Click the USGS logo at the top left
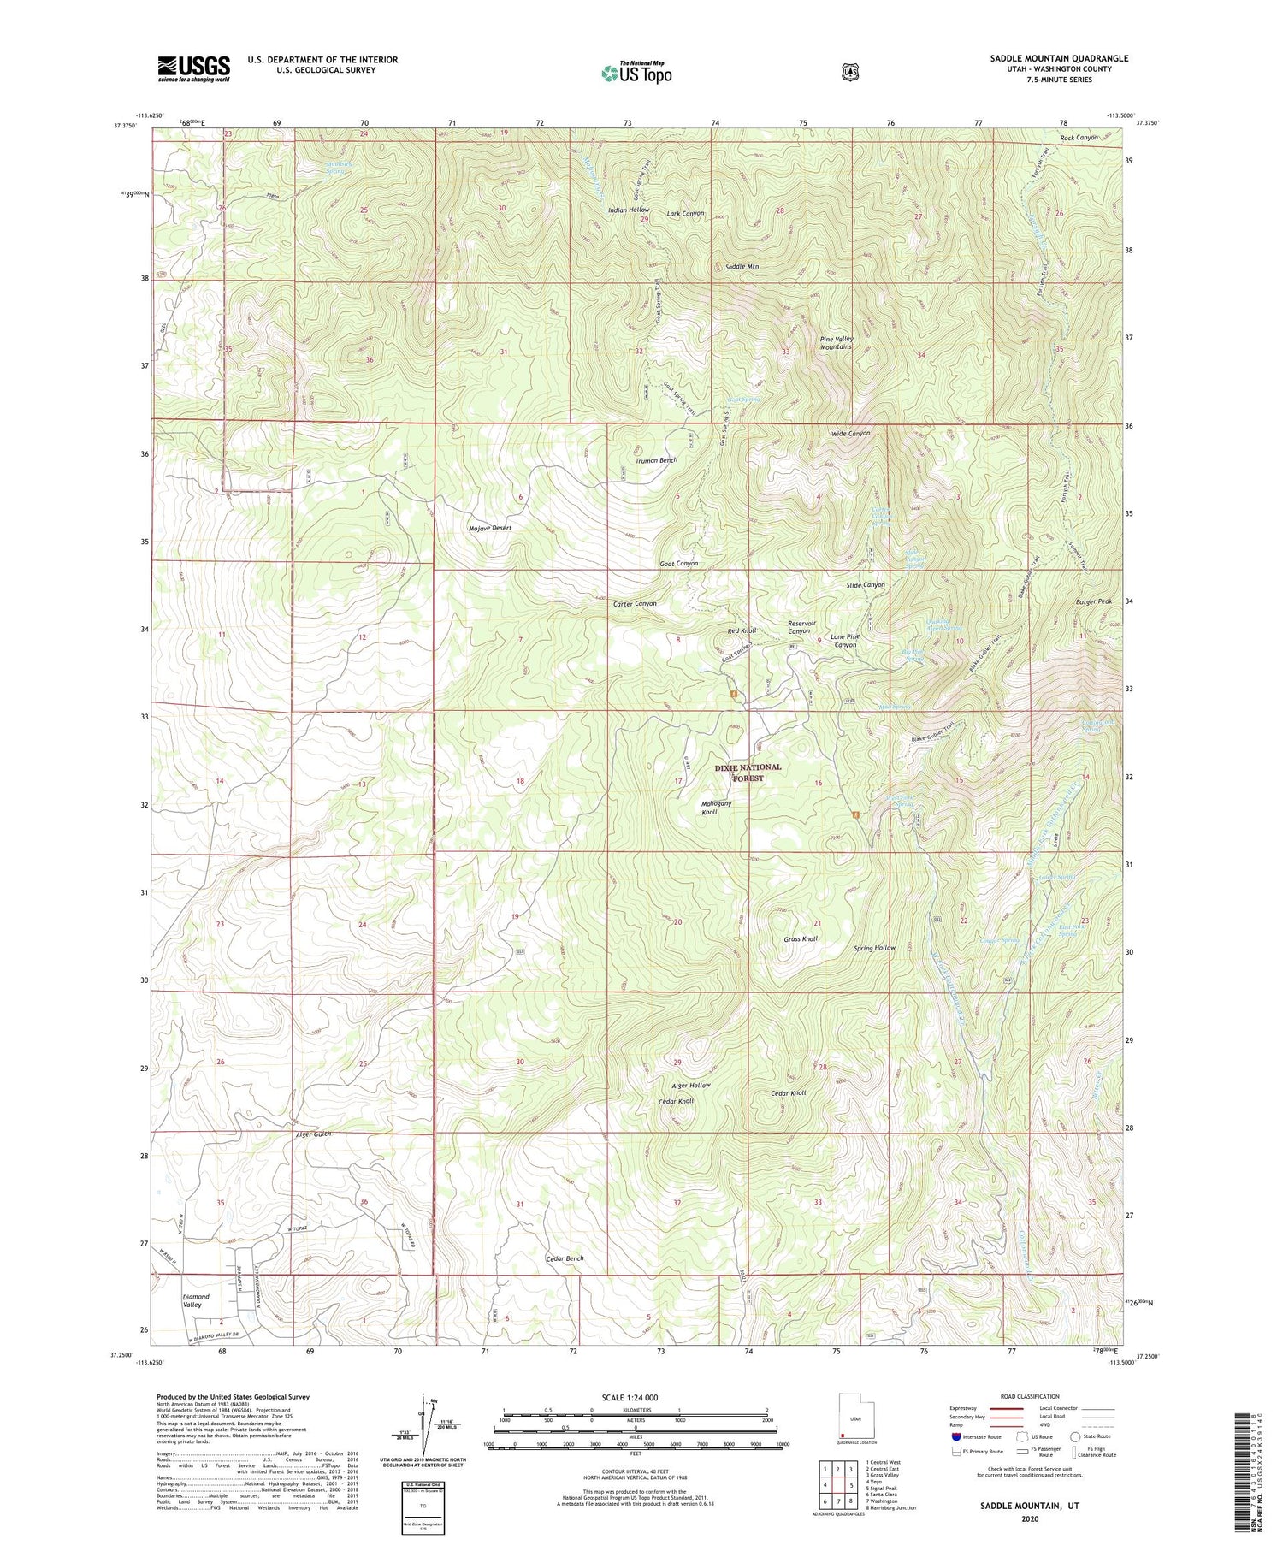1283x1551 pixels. (193, 68)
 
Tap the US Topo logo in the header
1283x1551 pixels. (636, 73)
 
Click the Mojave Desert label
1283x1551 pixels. (490, 528)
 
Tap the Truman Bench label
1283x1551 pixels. (656, 460)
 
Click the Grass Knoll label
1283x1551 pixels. (801, 938)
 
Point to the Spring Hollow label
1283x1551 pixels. (874, 948)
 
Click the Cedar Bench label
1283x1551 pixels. (565, 1258)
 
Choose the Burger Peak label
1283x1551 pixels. (1093, 601)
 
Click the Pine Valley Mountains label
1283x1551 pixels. (836, 343)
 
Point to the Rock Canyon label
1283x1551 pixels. (1079, 138)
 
